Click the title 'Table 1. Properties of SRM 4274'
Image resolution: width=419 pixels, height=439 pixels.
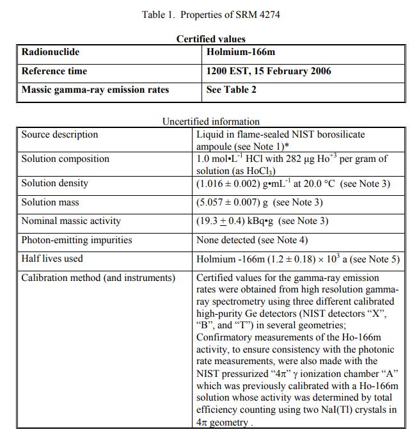(x=210, y=15)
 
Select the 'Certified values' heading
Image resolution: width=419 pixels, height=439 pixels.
(x=210, y=39)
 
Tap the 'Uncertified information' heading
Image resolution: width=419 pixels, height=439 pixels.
(x=210, y=121)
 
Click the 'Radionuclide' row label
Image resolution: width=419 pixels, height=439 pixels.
(x=51, y=52)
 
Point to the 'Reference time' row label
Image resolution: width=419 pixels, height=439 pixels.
(x=54, y=71)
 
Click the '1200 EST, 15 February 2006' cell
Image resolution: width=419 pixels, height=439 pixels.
(x=269, y=71)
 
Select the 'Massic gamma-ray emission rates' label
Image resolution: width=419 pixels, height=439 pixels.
(x=95, y=90)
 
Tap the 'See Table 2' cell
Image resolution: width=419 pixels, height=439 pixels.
(x=232, y=90)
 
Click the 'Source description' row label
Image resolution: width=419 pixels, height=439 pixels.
(x=60, y=134)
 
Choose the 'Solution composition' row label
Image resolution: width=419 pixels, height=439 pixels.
(x=65, y=159)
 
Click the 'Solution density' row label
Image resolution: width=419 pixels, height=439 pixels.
(x=55, y=183)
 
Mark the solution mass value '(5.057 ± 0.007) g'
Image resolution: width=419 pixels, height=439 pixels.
(x=233, y=202)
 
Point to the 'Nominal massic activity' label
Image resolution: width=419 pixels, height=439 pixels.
(x=71, y=221)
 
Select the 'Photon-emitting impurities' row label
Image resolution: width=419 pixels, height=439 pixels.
(x=77, y=240)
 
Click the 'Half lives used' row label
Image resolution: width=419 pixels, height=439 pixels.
(x=52, y=259)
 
